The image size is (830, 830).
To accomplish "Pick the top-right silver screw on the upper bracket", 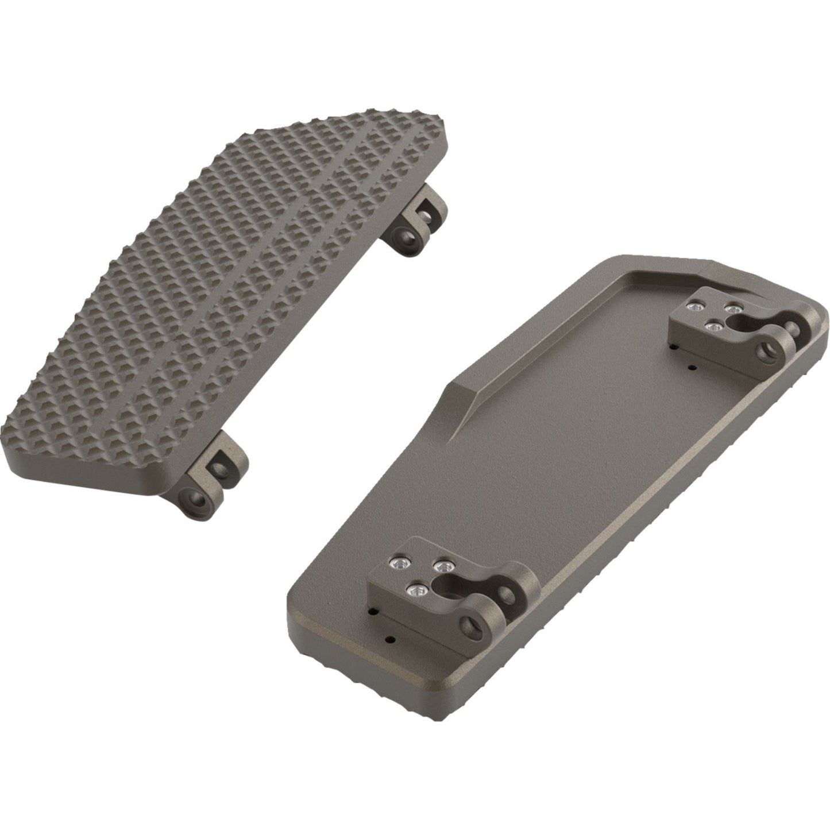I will click(x=732, y=310).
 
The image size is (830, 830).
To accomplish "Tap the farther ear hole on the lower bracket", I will click(x=507, y=593).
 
